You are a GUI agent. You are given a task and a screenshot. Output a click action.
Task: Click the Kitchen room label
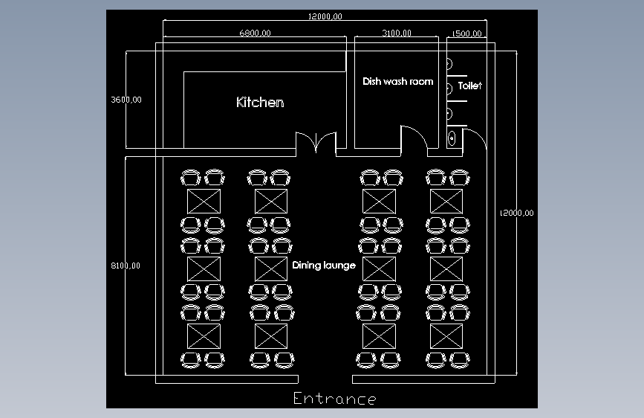tap(260, 102)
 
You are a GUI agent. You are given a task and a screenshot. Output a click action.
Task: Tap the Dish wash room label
tap(397, 81)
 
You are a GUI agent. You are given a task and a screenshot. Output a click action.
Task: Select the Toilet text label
tap(470, 86)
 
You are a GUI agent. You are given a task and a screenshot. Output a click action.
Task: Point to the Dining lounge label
tap(324, 265)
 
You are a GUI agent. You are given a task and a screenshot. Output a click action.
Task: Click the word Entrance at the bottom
tap(334, 399)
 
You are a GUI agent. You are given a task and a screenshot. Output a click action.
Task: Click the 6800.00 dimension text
tap(255, 33)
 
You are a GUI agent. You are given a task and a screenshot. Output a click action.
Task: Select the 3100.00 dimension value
tap(397, 33)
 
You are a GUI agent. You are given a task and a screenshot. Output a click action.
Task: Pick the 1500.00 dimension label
tap(468, 33)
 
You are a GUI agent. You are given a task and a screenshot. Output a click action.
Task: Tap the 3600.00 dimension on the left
tap(126, 99)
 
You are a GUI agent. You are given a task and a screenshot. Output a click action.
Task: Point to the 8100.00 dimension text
tap(126, 265)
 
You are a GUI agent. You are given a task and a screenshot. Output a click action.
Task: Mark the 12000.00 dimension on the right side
tap(516, 213)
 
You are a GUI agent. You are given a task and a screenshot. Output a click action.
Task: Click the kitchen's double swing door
tap(316, 143)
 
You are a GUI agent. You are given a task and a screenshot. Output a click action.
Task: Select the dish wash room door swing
tap(414, 138)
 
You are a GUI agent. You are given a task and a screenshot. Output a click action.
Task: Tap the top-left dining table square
tap(204, 201)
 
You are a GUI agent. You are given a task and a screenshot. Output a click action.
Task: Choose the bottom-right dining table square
tap(446, 336)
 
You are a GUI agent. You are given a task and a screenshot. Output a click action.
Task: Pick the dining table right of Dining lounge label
tap(379, 269)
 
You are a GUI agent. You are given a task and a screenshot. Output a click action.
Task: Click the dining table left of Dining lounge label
tap(271, 269)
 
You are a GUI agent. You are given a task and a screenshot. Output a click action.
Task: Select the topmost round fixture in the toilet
tap(449, 64)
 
